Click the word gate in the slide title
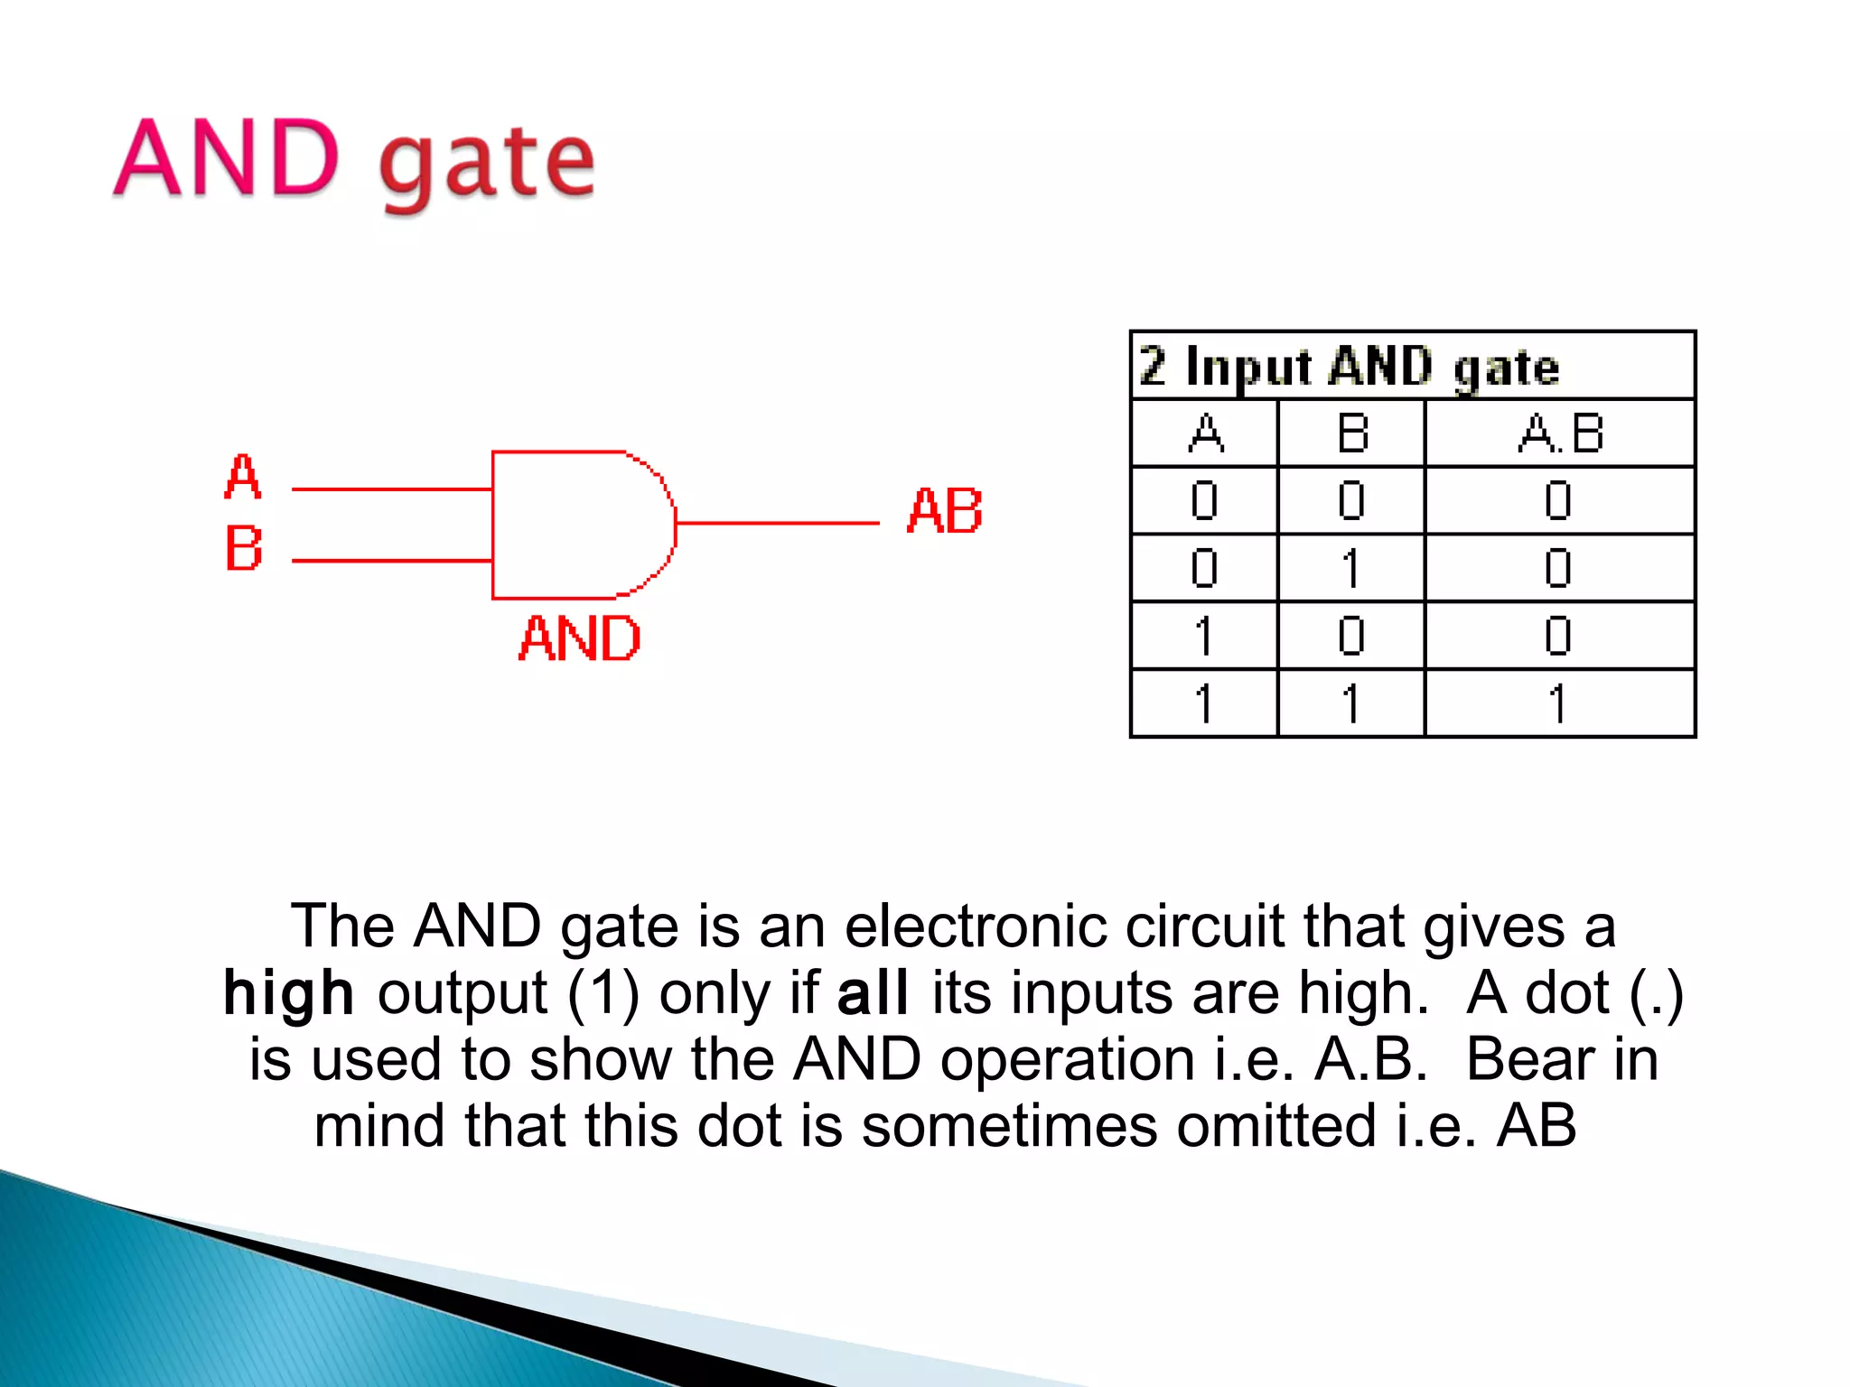[487, 165]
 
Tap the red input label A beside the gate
[242, 477]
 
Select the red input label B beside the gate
[243, 548]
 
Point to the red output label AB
[944, 511]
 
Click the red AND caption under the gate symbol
[580, 639]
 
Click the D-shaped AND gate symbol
[578, 525]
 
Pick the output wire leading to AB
[777, 523]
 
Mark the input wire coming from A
[391, 489]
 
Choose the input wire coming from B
[391, 561]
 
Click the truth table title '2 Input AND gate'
[1349, 367]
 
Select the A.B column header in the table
[1560, 433]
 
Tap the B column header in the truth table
[1351, 433]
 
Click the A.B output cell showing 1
[1558, 703]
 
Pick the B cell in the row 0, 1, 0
[1351, 569]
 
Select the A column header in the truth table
[1205, 433]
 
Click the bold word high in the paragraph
[288, 993]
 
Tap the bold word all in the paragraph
[872, 993]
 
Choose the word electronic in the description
[976, 926]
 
